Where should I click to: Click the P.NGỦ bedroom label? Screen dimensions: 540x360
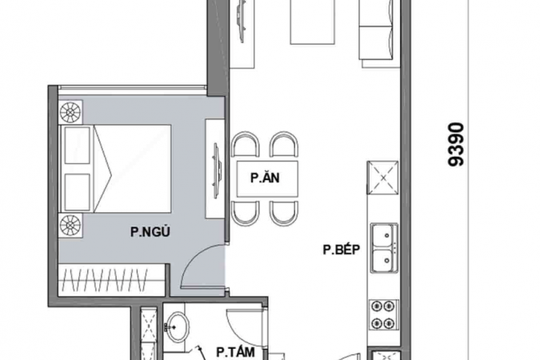click(x=150, y=231)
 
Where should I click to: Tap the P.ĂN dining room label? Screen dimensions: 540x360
click(x=265, y=178)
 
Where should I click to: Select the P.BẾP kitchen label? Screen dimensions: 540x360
click(x=342, y=249)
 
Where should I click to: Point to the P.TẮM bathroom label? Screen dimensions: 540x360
click(x=235, y=352)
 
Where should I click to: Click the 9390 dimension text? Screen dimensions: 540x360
click(x=456, y=144)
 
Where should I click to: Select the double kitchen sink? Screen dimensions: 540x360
click(x=384, y=248)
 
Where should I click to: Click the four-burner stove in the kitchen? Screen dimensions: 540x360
click(x=384, y=314)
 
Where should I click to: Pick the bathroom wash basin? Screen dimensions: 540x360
click(x=177, y=326)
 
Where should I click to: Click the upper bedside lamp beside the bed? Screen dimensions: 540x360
click(x=70, y=112)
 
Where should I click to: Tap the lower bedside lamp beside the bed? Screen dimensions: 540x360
click(x=70, y=226)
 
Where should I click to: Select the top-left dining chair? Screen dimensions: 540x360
click(x=245, y=144)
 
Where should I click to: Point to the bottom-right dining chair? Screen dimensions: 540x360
click(x=284, y=214)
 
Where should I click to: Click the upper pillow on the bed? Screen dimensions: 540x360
click(x=77, y=146)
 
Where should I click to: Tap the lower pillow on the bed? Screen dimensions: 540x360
click(x=77, y=192)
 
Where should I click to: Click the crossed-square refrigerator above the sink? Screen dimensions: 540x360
click(x=383, y=178)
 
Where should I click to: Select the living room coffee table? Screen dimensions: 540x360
click(x=313, y=22)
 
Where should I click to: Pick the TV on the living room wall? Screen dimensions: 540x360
click(x=242, y=22)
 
